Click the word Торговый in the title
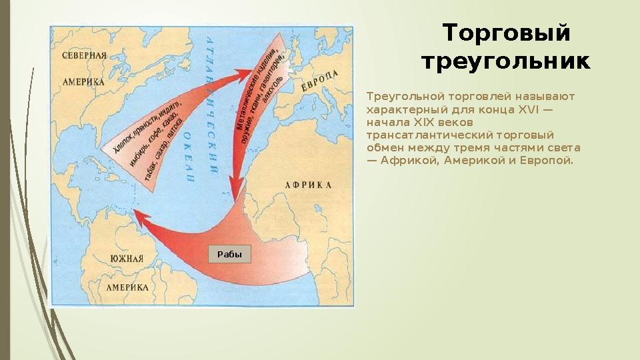point(507,33)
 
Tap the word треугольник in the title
point(506,63)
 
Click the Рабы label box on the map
point(230,254)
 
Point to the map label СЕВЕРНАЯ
point(85,55)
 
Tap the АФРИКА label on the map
point(308,185)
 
